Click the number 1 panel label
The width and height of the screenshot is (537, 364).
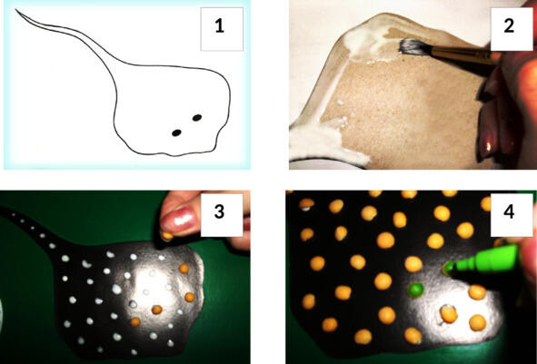click(x=220, y=26)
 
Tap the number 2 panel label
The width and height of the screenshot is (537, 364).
click(x=509, y=26)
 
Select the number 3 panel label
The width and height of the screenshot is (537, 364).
click(x=219, y=212)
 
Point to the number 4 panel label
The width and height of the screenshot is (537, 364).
click(x=509, y=212)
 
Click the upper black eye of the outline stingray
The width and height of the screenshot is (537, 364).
click(x=197, y=118)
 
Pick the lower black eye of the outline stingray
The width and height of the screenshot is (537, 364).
click(x=176, y=133)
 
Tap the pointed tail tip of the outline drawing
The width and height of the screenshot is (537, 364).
click(x=15, y=10)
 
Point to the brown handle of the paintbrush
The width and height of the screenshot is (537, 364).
click(x=462, y=54)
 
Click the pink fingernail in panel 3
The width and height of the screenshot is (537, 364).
click(x=180, y=220)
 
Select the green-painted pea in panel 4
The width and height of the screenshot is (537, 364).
click(x=415, y=290)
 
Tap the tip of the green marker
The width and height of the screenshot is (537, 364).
click(x=446, y=269)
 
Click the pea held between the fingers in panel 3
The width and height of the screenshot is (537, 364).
click(x=167, y=236)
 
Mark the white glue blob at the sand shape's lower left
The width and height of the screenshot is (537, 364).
click(x=322, y=144)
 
